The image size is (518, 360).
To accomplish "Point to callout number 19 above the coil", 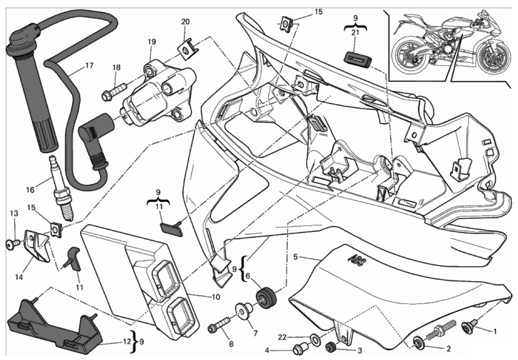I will pos(152,42).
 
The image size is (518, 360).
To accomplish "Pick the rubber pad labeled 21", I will pos(357,58).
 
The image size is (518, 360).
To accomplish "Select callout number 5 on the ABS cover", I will pos(295,257).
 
